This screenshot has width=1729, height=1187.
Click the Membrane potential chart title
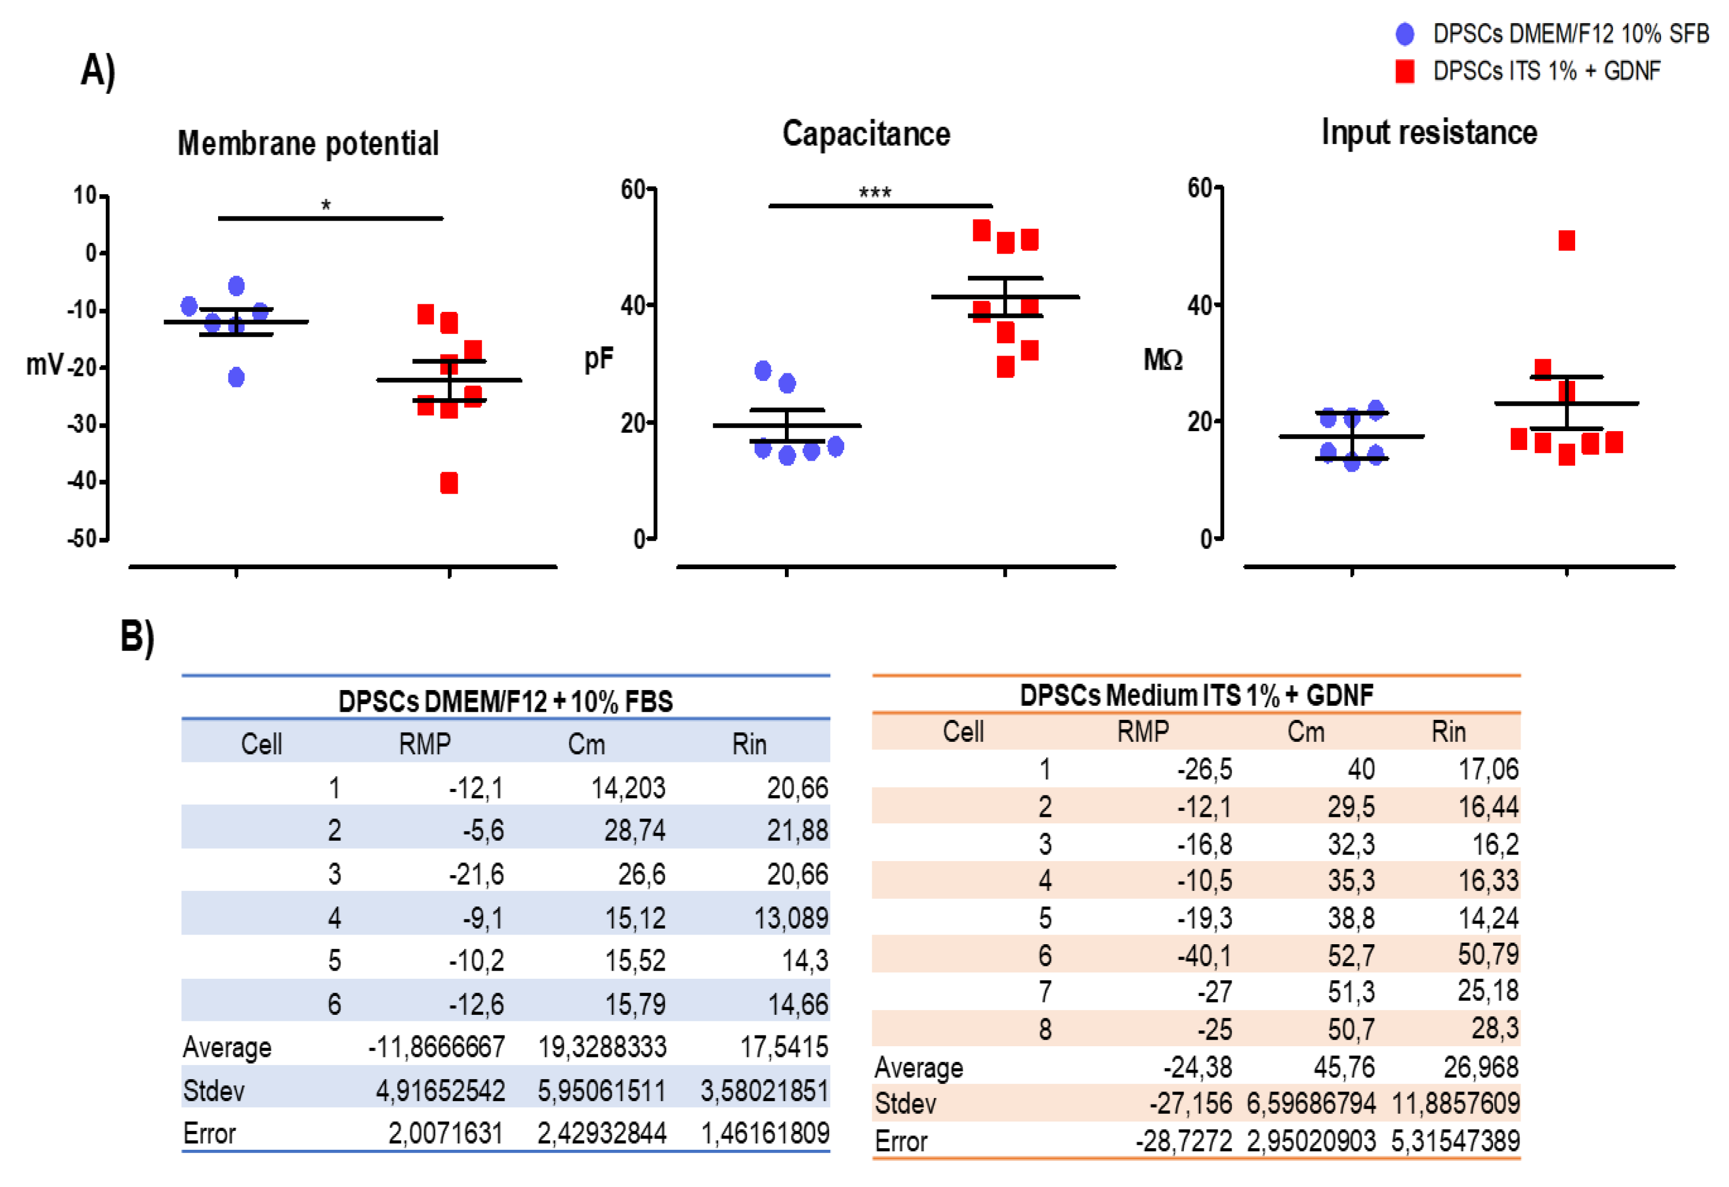coord(308,143)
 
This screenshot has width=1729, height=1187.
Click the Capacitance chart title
coord(866,134)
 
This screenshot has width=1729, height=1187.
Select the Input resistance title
coord(1428,132)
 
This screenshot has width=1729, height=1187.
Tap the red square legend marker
coord(1405,71)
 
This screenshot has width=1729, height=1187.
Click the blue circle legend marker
coord(1405,33)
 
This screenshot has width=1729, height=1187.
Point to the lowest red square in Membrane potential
coord(449,483)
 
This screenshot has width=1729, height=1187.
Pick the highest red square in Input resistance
coord(1566,240)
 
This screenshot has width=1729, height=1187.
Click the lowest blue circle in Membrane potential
coord(236,378)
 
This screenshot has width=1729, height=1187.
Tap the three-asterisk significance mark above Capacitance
coord(875,193)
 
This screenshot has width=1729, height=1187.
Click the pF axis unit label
coord(598,359)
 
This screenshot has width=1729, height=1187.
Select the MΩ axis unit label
coord(1163,360)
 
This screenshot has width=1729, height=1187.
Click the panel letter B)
coord(138,637)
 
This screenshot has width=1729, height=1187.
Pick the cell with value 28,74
coord(634,830)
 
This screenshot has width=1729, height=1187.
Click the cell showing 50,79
coord(1487,954)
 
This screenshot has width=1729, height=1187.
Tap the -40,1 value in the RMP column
coord(1204,955)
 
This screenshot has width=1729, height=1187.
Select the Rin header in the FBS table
coord(748,743)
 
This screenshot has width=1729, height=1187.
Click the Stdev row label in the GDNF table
coord(905,1104)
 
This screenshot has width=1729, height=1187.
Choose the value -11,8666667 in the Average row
coord(437,1047)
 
